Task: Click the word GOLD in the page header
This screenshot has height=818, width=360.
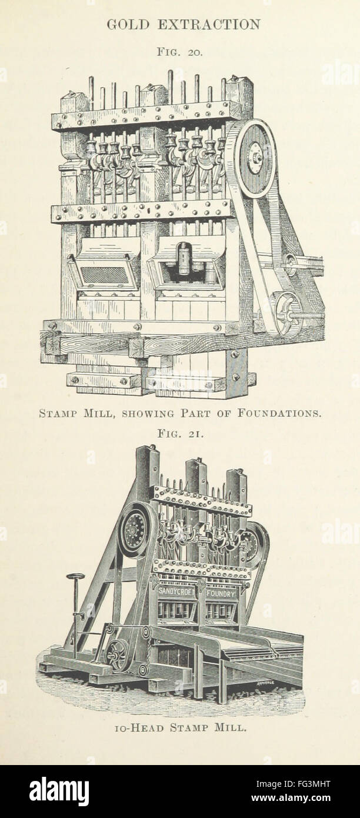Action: [128, 25]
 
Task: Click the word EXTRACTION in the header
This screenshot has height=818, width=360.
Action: [209, 25]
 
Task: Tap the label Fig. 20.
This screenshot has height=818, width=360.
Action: [179, 52]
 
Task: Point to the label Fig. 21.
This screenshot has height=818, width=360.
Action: [180, 434]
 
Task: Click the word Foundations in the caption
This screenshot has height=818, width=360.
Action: [279, 413]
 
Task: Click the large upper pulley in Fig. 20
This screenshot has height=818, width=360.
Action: [255, 159]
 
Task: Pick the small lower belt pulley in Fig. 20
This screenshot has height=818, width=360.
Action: [288, 314]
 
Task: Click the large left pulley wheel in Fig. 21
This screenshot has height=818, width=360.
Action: [135, 531]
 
